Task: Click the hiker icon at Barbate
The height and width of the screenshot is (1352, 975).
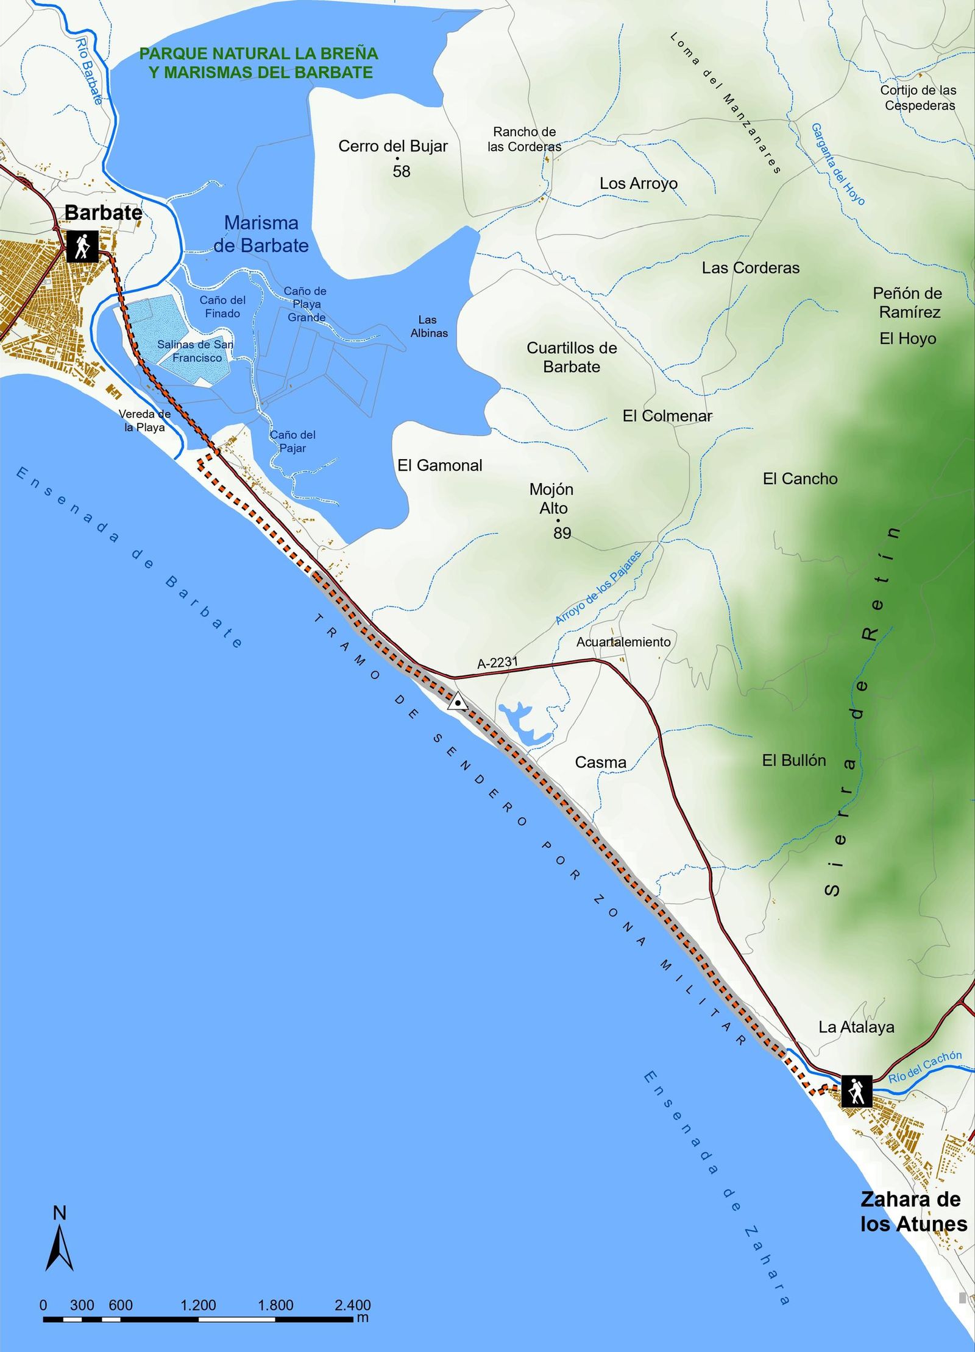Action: tap(82, 247)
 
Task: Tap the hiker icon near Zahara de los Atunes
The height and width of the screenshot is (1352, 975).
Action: tap(856, 1091)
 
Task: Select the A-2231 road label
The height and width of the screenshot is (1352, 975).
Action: tap(497, 663)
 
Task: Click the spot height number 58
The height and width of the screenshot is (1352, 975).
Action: tap(402, 172)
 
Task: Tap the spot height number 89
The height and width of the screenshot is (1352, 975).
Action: tap(562, 533)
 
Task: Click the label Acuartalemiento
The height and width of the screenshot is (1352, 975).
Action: tap(623, 642)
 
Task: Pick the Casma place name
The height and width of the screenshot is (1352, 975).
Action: tap(600, 762)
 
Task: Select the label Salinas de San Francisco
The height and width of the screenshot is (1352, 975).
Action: tap(196, 351)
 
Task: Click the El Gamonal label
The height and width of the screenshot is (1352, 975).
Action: tap(439, 466)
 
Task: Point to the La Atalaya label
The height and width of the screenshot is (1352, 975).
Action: tap(856, 1027)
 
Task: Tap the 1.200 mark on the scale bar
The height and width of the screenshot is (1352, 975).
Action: tap(198, 1305)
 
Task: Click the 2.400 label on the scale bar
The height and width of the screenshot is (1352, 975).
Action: tap(352, 1305)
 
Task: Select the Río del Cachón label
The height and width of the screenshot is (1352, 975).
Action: tap(924, 1068)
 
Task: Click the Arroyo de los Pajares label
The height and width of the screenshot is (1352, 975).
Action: tap(598, 588)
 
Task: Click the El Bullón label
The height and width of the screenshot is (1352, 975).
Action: tap(794, 761)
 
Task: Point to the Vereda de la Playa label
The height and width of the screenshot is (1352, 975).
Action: tap(144, 421)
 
